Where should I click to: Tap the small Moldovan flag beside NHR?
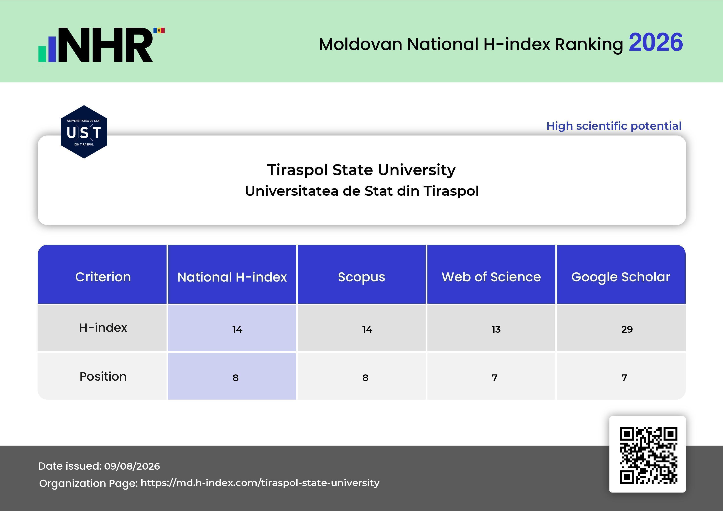coord(159,30)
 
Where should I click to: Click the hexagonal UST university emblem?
coord(84,132)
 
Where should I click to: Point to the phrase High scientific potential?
coord(614,126)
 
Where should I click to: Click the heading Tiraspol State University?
coord(361,170)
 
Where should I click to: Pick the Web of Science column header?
coord(491,277)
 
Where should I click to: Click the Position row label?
coord(103,376)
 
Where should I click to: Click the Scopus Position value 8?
coord(365,378)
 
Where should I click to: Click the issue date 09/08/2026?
coord(132,466)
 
